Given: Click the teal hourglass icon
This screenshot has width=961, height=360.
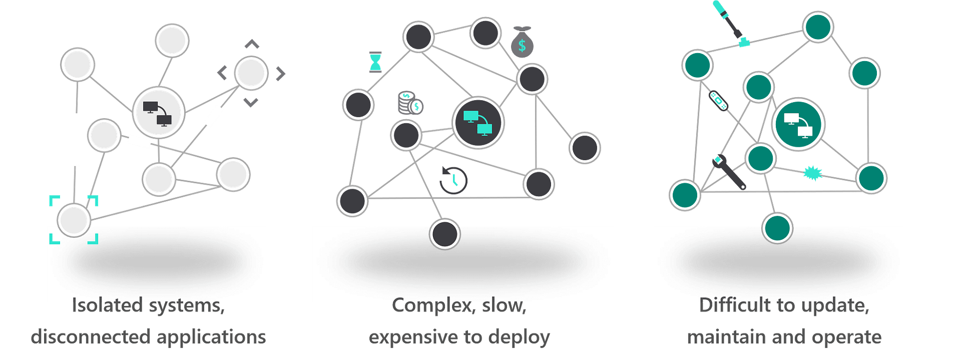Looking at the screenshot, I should (x=375, y=62).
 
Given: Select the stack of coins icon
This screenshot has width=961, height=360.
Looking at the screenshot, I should (x=410, y=103).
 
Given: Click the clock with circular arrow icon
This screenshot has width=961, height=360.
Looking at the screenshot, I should (x=453, y=180).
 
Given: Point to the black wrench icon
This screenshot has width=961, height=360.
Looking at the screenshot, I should (x=729, y=172).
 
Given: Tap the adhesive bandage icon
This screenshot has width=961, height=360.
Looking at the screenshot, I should (x=719, y=101).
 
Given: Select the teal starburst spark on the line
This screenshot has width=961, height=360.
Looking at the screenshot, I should (x=812, y=173).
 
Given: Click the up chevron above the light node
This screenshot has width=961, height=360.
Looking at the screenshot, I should (x=252, y=45).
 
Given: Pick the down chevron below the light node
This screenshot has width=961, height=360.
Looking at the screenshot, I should (x=251, y=103).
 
